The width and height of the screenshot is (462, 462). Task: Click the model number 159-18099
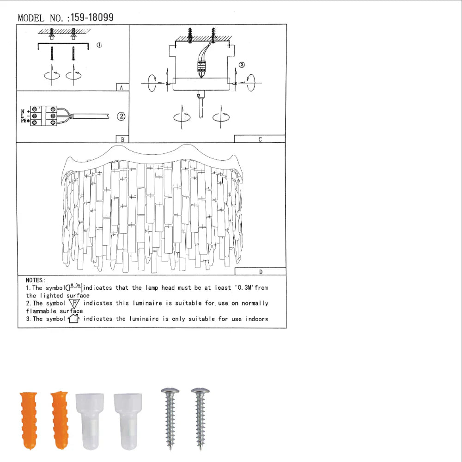point(93,18)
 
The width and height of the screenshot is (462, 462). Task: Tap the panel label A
point(121,87)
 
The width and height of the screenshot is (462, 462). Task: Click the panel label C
point(260,139)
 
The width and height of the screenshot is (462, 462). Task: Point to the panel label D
point(261,272)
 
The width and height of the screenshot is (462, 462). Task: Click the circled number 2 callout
point(121,116)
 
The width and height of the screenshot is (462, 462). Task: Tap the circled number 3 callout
point(242,65)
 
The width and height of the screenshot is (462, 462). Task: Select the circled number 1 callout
point(99,45)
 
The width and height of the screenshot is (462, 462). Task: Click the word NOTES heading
point(35,280)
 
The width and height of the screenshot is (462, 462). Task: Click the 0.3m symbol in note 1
point(74,287)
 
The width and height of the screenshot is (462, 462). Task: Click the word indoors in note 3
point(256,319)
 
